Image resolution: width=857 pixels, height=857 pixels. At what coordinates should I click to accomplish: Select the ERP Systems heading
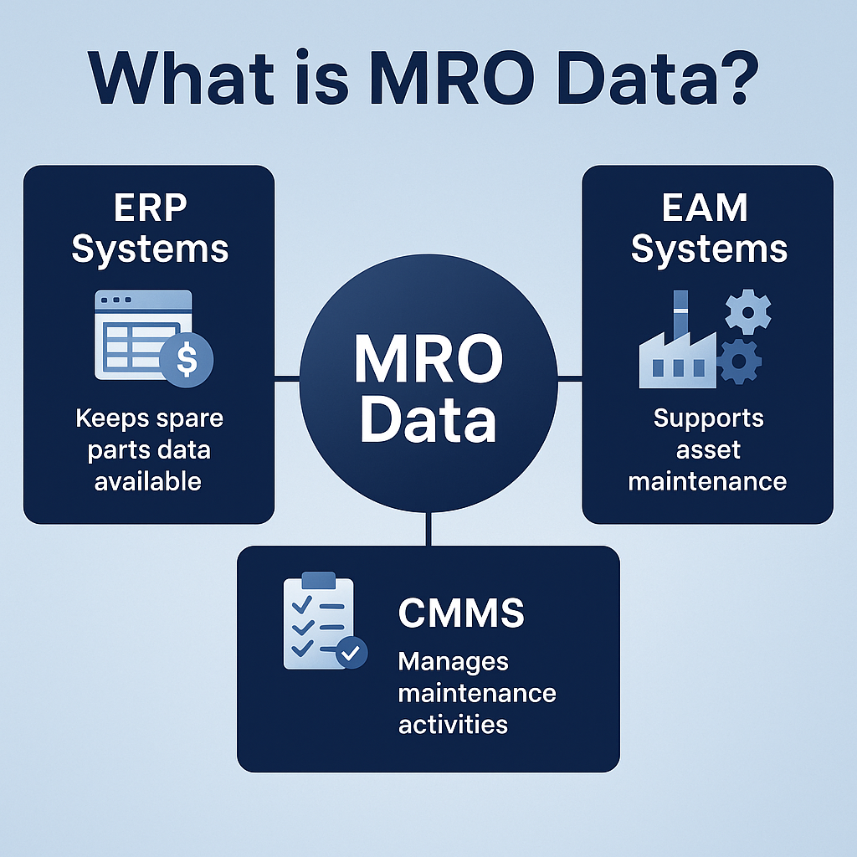click(x=149, y=228)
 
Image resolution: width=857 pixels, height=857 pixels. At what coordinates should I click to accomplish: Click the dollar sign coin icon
click(x=187, y=361)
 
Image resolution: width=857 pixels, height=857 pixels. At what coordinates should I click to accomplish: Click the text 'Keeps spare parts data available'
click(x=148, y=449)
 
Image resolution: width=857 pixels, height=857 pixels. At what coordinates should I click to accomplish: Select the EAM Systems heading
click(x=708, y=228)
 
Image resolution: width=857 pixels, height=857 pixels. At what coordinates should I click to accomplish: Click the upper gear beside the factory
click(x=747, y=313)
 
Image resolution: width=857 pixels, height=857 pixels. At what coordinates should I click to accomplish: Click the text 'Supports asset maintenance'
click(x=708, y=449)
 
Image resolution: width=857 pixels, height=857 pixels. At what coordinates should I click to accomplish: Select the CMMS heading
click(x=461, y=613)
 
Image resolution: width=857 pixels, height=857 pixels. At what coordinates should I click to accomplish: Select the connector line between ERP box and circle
click(x=287, y=378)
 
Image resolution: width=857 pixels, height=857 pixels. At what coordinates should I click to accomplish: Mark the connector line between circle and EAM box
click(x=570, y=378)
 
